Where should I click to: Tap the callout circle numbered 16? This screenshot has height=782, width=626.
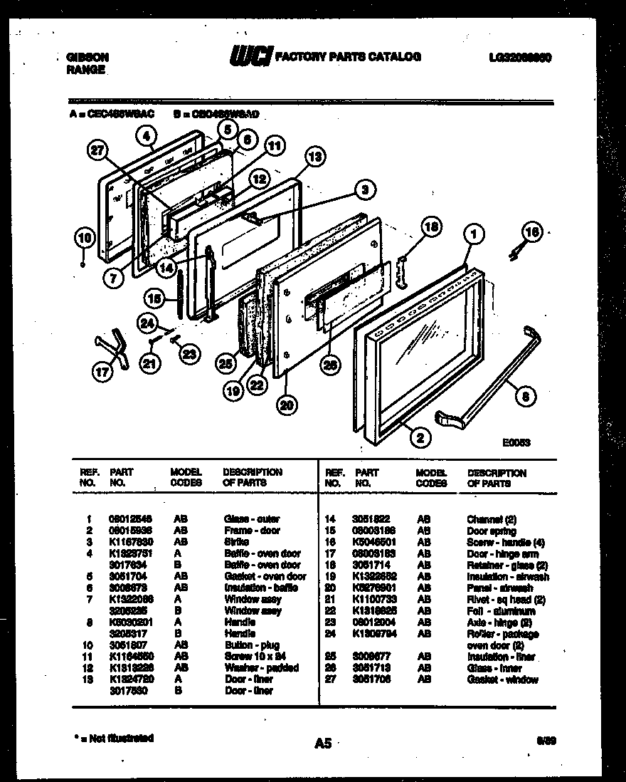pos(530,231)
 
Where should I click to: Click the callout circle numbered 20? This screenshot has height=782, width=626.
pos(285,404)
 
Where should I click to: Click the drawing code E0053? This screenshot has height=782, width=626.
pos(516,442)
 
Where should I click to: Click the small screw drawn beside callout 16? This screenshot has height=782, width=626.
pos(515,249)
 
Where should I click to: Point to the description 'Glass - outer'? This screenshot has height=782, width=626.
pos(252,518)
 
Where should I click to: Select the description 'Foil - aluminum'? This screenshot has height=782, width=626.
pos(491,611)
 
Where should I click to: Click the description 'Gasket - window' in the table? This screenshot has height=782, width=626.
pos(502,679)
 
